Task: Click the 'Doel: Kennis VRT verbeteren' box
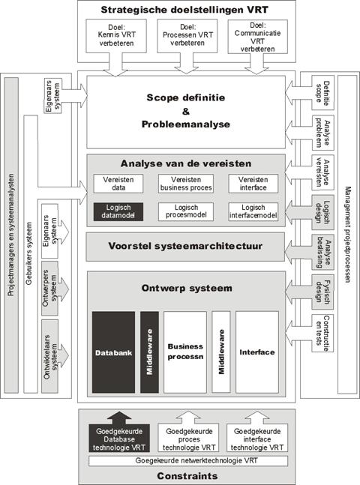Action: [x=116, y=35]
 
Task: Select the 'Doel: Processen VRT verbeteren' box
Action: [x=187, y=35]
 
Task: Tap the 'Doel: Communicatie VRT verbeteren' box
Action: [x=257, y=37]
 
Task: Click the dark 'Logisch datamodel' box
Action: [x=118, y=211]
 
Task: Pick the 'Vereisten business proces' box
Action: [x=186, y=184]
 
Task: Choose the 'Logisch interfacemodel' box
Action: [x=253, y=211]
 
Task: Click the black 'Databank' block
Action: [x=113, y=352]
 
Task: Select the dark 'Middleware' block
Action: [x=149, y=352]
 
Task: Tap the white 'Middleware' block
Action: [x=221, y=352]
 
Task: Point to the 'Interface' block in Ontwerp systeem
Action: [x=257, y=352]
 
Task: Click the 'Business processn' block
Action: [x=185, y=352]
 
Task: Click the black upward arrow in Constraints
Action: [x=119, y=418]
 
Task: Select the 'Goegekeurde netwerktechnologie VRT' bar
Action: [x=188, y=461]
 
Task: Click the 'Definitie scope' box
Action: [x=322, y=92]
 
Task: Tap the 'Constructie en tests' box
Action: [x=322, y=334]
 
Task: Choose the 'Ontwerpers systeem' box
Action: [x=49, y=289]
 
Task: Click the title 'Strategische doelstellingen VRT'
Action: [x=184, y=10]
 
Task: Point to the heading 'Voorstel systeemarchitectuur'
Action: [x=185, y=246]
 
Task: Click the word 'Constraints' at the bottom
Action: [x=187, y=476]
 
